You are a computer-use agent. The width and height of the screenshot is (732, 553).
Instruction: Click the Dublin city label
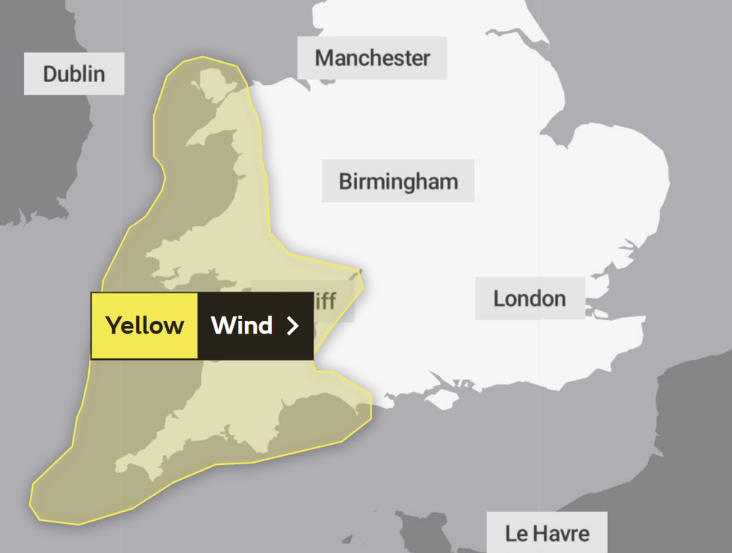pyautogui.click(x=73, y=74)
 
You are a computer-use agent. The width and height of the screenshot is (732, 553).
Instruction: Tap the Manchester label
pyautogui.click(x=372, y=57)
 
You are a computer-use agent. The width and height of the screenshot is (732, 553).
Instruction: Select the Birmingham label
pyautogui.click(x=397, y=181)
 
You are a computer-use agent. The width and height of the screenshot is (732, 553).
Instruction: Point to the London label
pyautogui.click(x=530, y=299)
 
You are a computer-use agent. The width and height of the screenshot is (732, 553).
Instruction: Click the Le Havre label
pyautogui.click(x=547, y=534)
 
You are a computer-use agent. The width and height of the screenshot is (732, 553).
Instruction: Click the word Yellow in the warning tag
pyautogui.click(x=144, y=325)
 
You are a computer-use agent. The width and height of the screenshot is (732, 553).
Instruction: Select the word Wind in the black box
pyautogui.click(x=241, y=325)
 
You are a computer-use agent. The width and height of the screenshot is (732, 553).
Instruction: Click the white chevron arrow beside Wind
pyautogui.click(x=293, y=325)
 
